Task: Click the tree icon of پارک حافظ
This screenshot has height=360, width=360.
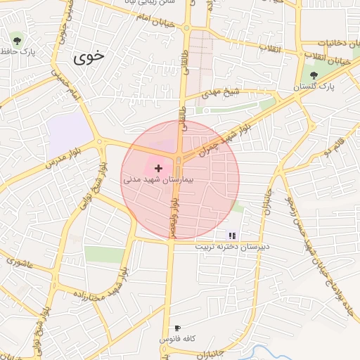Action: pyautogui.click(x=16, y=40)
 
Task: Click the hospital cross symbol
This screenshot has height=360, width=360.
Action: pyautogui.click(x=158, y=168)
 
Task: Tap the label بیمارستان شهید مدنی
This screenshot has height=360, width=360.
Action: pyautogui.click(x=162, y=180)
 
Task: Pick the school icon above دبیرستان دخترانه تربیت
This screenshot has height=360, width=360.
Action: pyautogui.click(x=232, y=236)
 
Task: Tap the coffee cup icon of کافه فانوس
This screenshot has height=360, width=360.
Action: pyautogui.click(x=177, y=328)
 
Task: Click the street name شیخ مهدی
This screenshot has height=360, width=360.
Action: pyautogui.click(x=221, y=92)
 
